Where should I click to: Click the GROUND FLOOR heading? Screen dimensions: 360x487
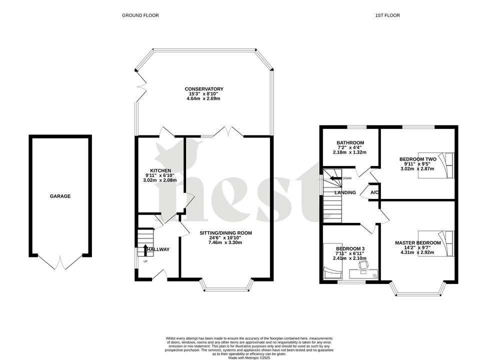(140, 15)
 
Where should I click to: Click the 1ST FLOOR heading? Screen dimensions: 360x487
(387, 15)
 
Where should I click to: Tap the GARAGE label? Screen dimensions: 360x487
(60, 196)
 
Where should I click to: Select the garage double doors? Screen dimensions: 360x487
(60, 261)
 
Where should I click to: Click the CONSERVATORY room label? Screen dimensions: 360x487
(203, 89)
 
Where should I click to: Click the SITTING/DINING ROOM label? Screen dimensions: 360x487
(226, 233)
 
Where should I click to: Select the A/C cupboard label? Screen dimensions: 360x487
(374, 192)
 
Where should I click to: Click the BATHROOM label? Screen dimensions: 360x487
(350, 142)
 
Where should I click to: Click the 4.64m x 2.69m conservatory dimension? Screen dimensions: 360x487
(203, 98)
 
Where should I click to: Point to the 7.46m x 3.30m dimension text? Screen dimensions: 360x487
(226, 242)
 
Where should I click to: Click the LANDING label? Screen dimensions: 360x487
(345, 192)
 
